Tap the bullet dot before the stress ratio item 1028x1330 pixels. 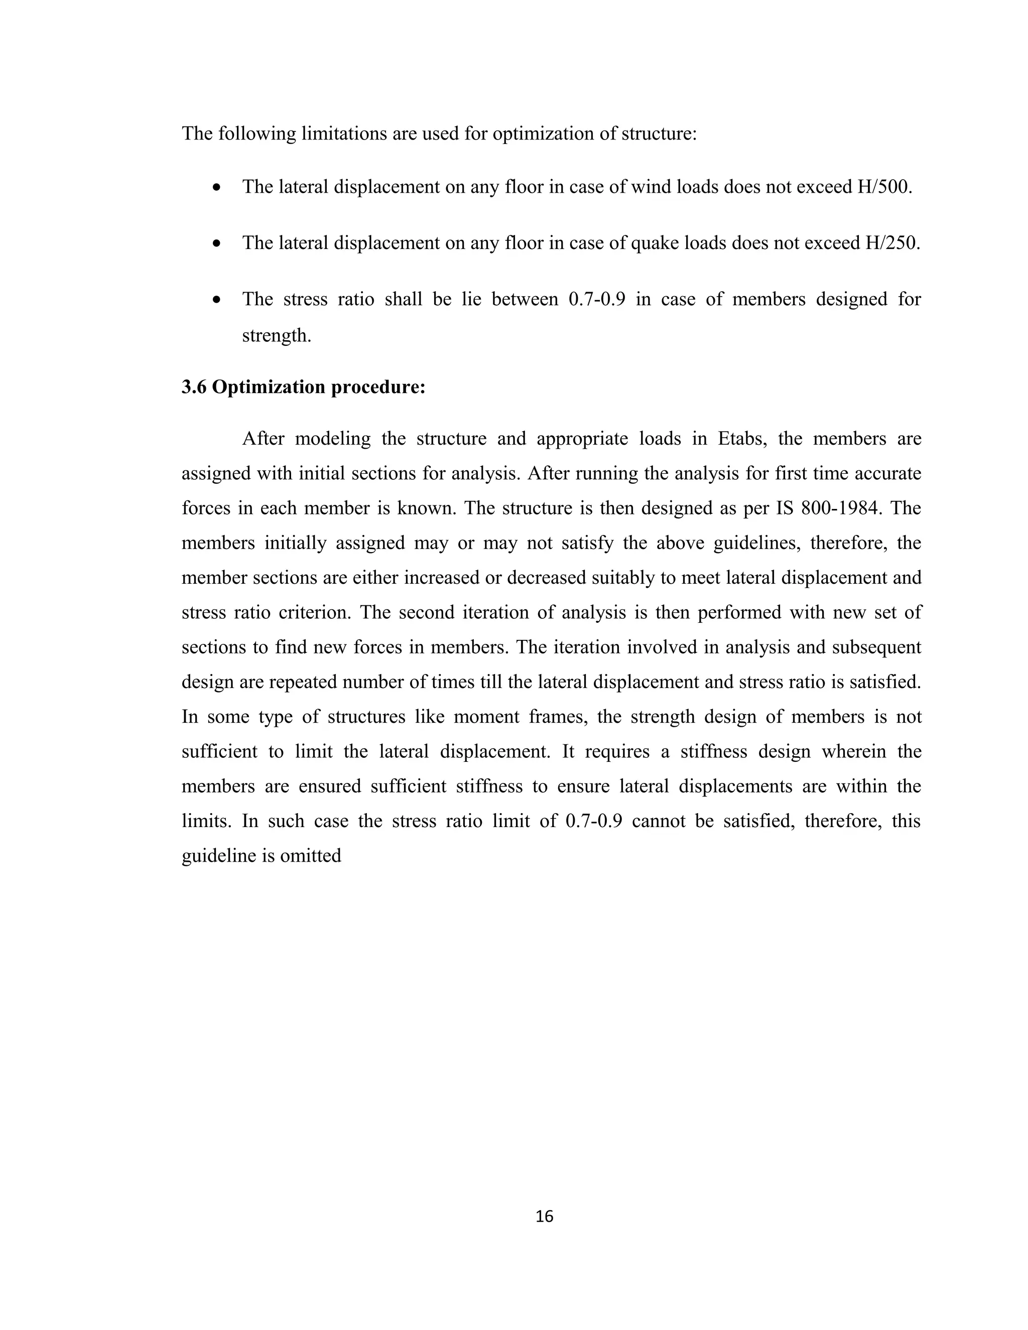pyautogui.click(x=217, y=300)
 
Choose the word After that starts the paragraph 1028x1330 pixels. pyautogui.click(x=263, y=439)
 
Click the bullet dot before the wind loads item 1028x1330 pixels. pyautogui.click(x=217, y=188)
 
